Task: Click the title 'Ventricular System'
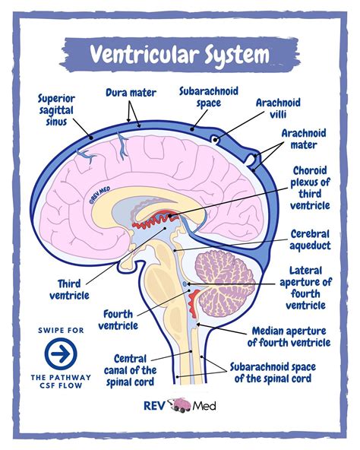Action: click(179, 54)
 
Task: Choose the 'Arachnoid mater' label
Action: click(304, 138)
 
